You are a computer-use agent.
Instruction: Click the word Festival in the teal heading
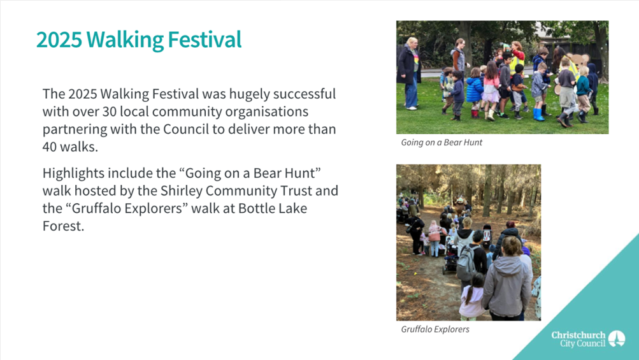[205, 40]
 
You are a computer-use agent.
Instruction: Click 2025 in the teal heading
[59, 40]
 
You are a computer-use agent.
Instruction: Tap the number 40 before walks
[50, 147]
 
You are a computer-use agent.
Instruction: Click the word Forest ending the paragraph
[63, 226]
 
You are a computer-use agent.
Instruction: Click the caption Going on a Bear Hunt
[442, 142]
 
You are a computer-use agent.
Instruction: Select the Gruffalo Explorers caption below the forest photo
[435, 329]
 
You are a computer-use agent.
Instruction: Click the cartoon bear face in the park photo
[578, 62]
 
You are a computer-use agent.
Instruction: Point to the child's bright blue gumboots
[538, 115]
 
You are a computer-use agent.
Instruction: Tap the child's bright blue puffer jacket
[474, 90]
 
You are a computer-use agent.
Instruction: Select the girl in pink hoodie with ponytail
[473, 296]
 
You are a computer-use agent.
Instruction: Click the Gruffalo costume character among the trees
[460, 205]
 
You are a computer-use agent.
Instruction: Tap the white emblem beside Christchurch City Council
[617, 339]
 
